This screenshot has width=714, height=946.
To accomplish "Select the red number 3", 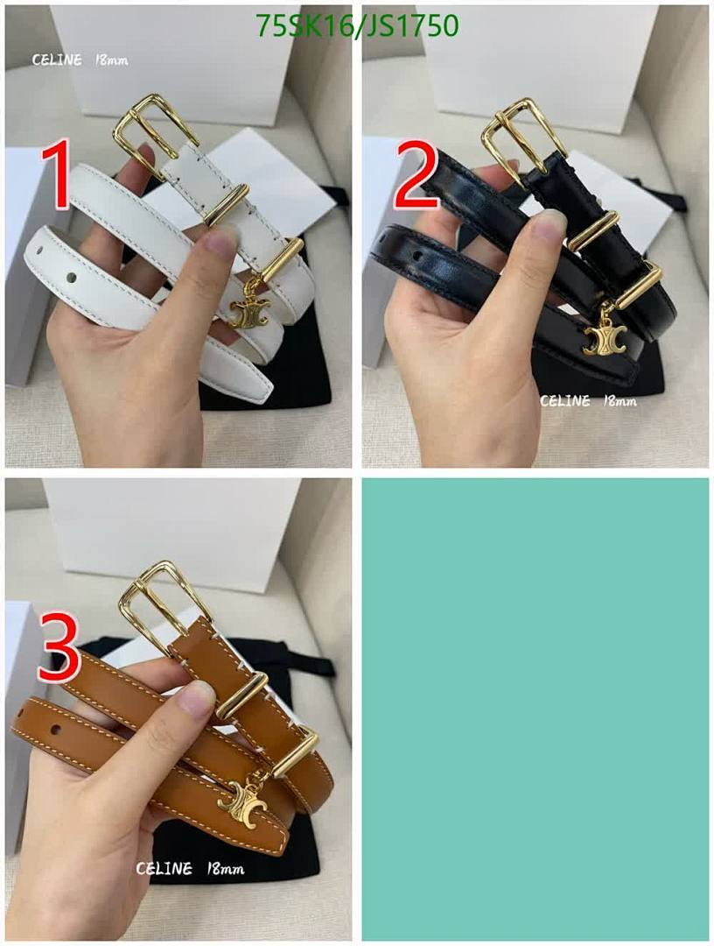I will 59,648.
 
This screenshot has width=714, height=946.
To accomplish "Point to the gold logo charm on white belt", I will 248,312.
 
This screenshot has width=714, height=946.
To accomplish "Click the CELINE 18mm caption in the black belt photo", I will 587,401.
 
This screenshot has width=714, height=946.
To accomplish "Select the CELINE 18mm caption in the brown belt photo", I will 189,869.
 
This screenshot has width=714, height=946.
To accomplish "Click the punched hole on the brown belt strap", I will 56,729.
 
